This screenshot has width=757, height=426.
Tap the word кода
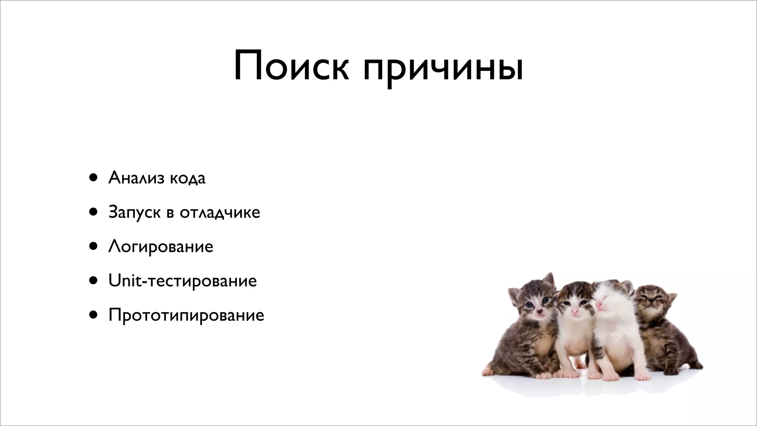(x=187, y=179)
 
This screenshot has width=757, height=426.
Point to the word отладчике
(x=220, y=213)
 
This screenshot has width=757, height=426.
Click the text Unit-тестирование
(x=183, y=281)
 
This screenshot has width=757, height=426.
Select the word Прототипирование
(x=186, y=315)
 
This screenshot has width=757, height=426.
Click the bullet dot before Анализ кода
(x=93, y=177)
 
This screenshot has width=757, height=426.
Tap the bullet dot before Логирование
(x=93, y=246)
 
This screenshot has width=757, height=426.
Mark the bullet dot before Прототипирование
(x=93, y=315)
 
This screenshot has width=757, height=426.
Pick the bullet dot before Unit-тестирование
(x=93, y=281)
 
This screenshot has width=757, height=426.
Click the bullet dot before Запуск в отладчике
(x=93, y=212)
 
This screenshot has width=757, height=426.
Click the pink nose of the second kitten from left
(x=575, y=311)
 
